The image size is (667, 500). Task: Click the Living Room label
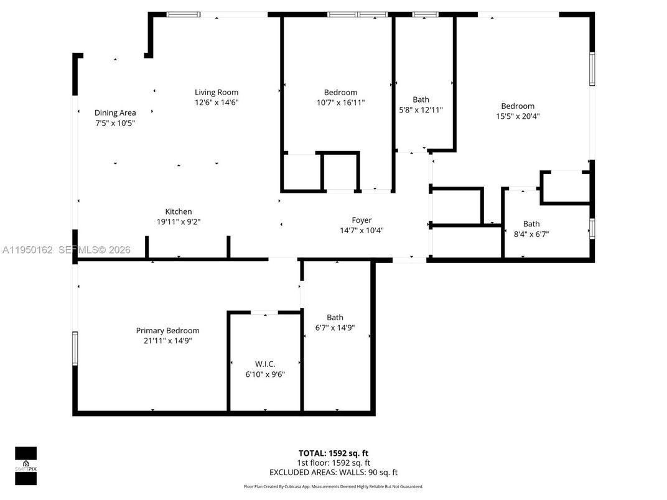[x=216, y=93]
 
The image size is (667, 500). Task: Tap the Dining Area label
[x=115, y=113]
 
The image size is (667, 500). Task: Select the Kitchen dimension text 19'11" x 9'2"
[x=179, y=221]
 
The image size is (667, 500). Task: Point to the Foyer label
[x=361, y=220]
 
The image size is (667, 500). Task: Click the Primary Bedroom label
[x=167, y=331]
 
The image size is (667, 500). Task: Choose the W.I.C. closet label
[x=265, y=364]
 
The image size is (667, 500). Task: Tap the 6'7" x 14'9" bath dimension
[x=335, y=328]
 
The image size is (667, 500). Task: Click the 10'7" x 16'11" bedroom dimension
[x=340, y=103]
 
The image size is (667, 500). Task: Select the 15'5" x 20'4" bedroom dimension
[x=518, y=116]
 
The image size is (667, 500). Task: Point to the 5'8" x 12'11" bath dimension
[x=421, y=109]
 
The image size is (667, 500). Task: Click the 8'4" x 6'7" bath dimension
[x=531, y=234]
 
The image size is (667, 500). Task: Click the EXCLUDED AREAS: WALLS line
[x=333, y=473]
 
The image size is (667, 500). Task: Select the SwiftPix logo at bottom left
[x=26, y=465]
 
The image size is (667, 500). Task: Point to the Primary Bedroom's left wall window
[x=75, y=348]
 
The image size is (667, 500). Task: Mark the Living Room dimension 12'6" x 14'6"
[x=216, y=103]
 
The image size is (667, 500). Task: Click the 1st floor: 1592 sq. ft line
[x=333, y=463]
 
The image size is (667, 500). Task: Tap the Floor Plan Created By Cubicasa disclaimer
[x=333, y=486]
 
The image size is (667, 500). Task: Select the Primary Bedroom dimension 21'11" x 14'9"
[x=167, y=341]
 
